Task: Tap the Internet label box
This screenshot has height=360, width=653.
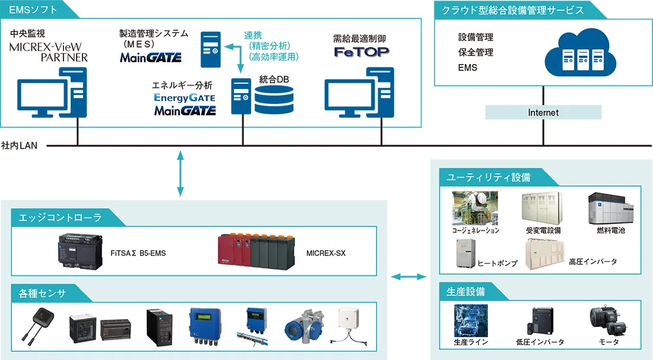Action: click(543, 112)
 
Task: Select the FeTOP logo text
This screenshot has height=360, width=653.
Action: click(361, 52)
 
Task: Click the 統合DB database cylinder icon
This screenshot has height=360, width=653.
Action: click(274, 99)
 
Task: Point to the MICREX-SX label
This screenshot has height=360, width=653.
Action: click(326, 253)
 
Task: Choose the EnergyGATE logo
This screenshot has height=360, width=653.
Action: click(185, 97)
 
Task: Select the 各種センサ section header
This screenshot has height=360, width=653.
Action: click(42, 293)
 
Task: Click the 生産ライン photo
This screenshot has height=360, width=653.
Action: click(471, 321)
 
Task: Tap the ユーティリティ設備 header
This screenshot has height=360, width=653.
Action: click(489, 177)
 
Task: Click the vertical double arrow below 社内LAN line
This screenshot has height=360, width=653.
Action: click(180, 173)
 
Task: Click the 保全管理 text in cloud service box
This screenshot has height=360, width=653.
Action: click(476, 52)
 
